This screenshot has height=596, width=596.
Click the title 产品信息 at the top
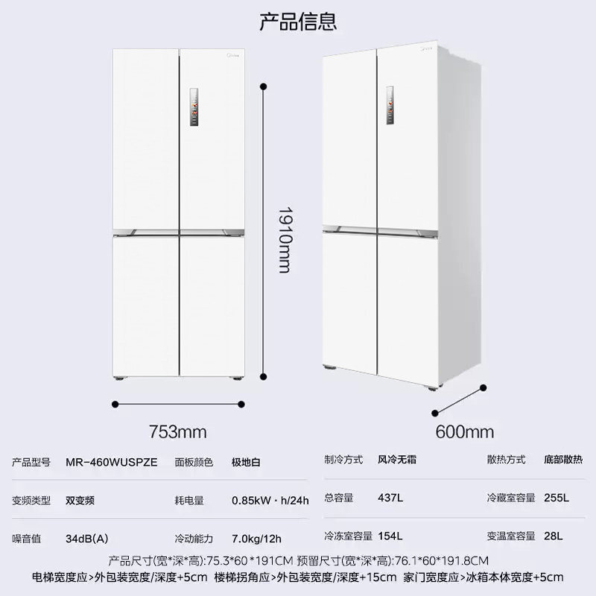(x=298, y=21)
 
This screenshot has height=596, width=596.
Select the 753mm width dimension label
(x=177, y=431)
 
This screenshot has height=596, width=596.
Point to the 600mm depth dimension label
(x=465, y=431)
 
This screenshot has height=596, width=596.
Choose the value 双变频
(x=80, y=500)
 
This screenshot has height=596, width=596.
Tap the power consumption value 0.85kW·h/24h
(x=270, y=500)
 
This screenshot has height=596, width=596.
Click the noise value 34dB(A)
(x=87, y=538)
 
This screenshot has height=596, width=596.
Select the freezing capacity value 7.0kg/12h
(x=256, y=538)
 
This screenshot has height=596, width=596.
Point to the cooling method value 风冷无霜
(x=396, y=460)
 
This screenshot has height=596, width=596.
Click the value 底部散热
(x=569, y=460)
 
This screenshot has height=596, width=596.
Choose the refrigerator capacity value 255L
(x=557, y=497)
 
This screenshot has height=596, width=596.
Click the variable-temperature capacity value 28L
(x=554, y=536)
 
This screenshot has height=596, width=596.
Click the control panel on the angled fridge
(x=390, y=104)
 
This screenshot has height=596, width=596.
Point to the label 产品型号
(x=31, y=462)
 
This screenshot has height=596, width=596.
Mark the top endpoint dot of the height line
(x=263, y=87)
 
